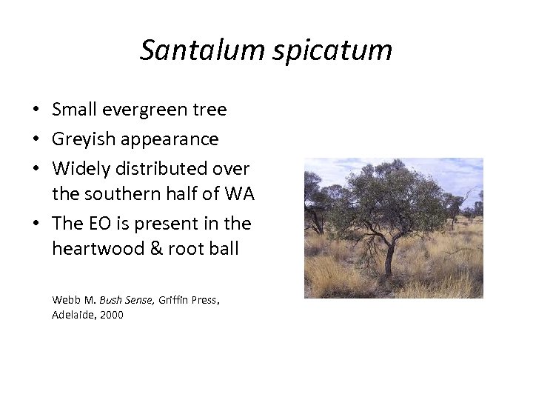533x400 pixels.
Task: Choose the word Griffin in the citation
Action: click(175, 300)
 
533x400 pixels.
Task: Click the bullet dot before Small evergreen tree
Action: click(36, 110)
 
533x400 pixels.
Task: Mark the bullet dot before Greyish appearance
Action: click(36, 139)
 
